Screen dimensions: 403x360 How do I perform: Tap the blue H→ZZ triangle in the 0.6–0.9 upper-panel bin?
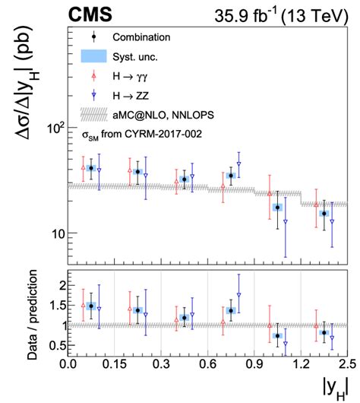(x=238, y=164)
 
